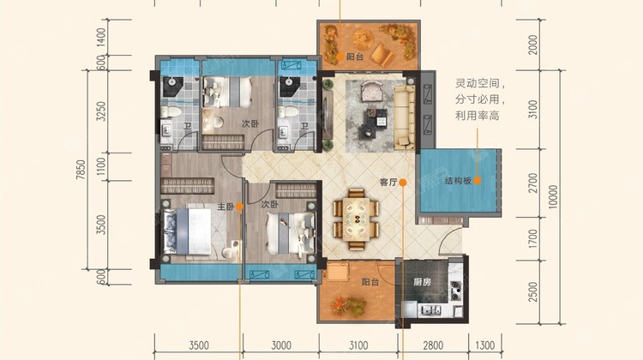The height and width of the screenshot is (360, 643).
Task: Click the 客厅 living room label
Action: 388,183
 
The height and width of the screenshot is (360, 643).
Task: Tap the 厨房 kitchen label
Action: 423,282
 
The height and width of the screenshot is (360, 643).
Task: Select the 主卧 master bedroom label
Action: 225,207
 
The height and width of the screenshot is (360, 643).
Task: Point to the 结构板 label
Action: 458,180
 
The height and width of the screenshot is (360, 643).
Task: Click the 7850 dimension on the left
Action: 81,170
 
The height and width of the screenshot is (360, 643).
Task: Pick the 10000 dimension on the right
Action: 553,197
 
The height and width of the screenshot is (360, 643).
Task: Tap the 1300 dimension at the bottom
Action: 484,345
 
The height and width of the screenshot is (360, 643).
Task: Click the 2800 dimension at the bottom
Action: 433,345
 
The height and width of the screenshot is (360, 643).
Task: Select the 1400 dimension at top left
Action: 101,37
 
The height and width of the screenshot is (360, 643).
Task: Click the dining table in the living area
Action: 356,219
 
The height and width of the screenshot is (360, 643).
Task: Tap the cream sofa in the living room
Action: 405,117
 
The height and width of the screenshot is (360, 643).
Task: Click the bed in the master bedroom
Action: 189,231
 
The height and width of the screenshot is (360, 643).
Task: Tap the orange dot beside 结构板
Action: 478,180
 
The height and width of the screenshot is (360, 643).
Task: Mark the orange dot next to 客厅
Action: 403,183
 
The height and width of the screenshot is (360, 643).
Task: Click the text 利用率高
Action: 478,116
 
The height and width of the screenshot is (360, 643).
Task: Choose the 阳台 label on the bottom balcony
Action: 370,282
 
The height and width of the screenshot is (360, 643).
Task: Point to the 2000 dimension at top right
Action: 532,45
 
